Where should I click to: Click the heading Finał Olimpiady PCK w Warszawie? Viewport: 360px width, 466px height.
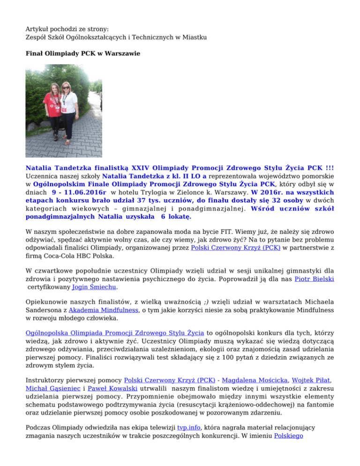(82, 54)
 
